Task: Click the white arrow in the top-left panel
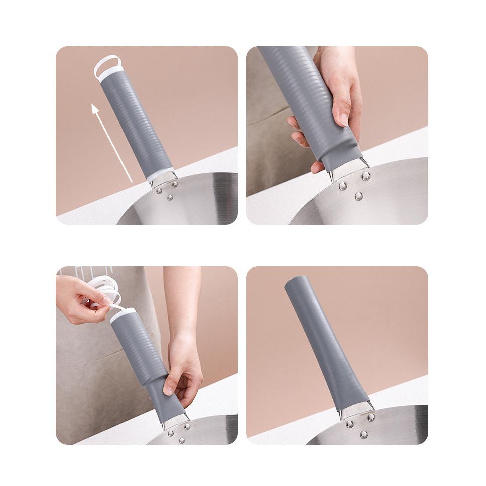[111, 142]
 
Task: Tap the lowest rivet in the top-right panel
[359, 196]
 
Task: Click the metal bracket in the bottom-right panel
[357, 411]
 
